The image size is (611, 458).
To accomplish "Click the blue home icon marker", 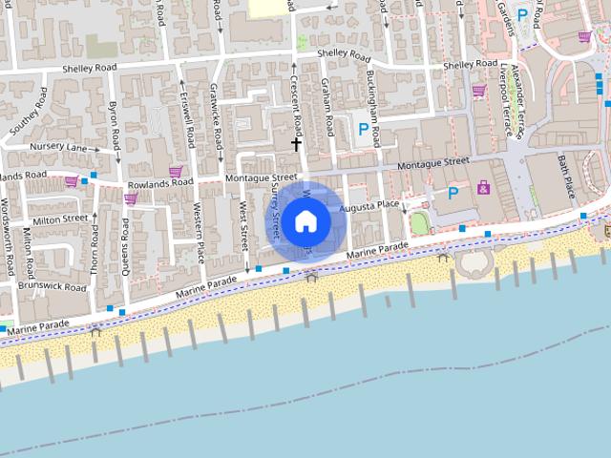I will pos(305,221).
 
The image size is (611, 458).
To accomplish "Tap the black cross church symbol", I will pos(297,144).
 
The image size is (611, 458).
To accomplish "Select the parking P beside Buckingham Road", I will pos(362,129).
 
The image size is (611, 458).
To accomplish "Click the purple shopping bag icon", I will pos(484,187).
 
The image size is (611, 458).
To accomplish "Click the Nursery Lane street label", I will pos(57,148).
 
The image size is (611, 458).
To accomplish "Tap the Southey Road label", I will pos(27,113).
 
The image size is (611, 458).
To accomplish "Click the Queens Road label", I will pos(125,243).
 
